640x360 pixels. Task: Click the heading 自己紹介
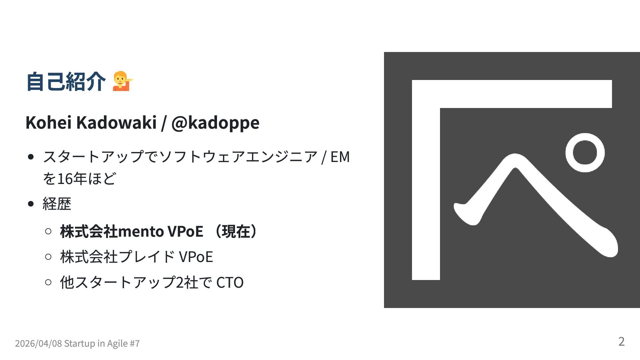click(66, 82)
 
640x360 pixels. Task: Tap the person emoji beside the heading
click(122, 81)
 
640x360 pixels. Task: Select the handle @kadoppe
click(215, 122)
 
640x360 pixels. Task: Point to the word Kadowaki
click(116, 122)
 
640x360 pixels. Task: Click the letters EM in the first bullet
click(340, 157)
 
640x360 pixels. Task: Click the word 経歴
click(57, 204)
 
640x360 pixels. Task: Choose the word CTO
click(230, 283)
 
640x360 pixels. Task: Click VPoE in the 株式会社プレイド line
click(196, 257)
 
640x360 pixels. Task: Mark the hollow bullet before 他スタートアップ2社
click(48, 282)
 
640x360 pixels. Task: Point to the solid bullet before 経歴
click(31, 204)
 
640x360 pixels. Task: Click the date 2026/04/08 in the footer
click(38, 343)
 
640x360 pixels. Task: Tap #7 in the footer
click(134, 343)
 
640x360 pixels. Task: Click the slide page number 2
click(621, 341)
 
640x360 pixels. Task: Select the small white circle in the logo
click(585, 153)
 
